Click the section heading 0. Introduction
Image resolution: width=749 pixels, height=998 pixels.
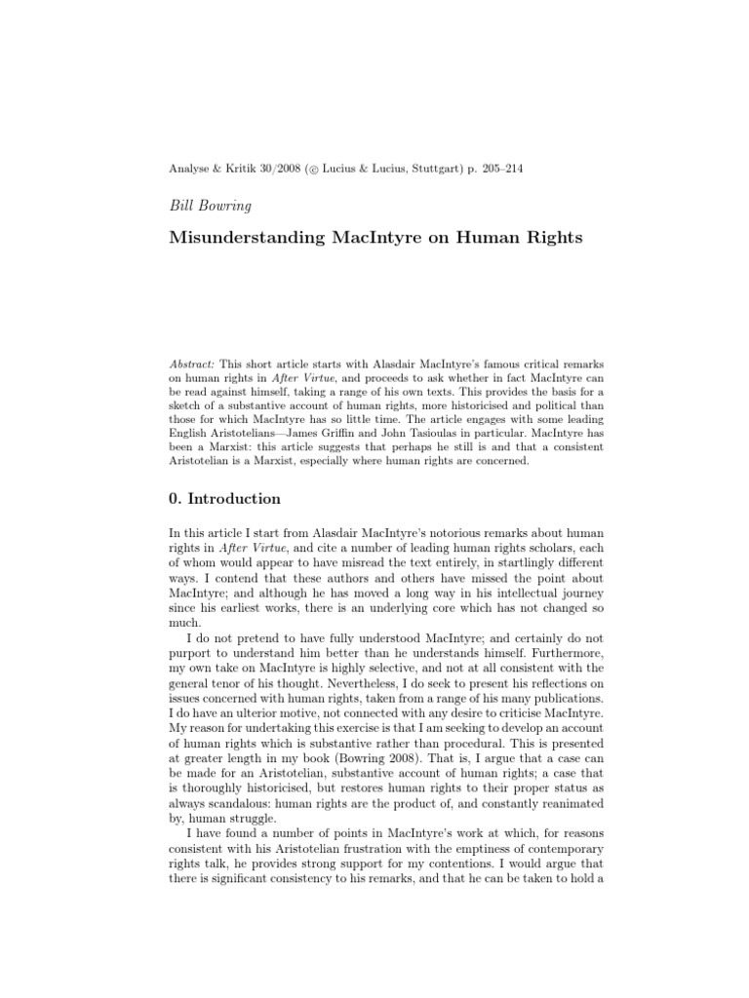pos(225,499)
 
